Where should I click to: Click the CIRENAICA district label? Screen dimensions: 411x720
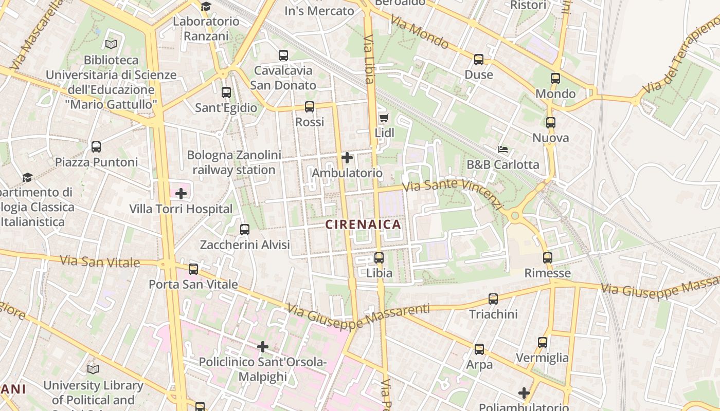click(x=363, y=225)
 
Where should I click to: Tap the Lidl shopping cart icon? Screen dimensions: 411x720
click(x=384, y=118)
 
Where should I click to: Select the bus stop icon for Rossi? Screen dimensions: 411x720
click(x=309, y=107)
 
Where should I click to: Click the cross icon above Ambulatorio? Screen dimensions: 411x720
click(x=347, y=157)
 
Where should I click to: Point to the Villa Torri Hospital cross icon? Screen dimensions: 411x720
click(x=181, y=194)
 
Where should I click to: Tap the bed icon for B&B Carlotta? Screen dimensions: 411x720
click(x=503, y=150)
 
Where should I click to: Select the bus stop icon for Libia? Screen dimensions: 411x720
click(x=379, y=258)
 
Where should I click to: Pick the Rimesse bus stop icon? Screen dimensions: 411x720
click(x=548, y=258)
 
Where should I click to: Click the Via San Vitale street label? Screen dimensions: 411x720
click(x=100, y=261)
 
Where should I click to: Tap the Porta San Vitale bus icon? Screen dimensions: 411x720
click(x=193, y=269)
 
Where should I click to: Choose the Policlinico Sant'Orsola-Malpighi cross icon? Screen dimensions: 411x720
click(x=263, y=347)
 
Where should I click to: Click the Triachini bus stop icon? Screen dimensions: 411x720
click(x=493, y=298)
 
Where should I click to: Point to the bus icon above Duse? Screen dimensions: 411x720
click(x=479, y=60)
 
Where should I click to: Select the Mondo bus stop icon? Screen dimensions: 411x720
click(x=555, y=79)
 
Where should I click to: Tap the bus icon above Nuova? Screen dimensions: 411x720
click(x=551, y=123)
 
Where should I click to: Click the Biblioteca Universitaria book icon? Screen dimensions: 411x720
click(x=111, y=45)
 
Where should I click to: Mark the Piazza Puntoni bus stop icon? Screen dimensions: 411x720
click(x=96, y=147)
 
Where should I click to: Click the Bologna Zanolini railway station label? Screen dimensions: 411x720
click(x=234, y=162)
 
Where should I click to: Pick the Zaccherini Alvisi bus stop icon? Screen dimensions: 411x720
click(x=245, y=230)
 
